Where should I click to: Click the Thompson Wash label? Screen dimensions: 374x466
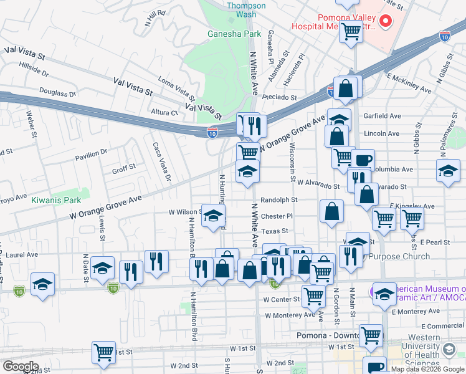coord(245,9)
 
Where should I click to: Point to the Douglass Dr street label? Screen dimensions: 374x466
coord(57,92)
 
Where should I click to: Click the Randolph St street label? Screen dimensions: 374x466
coord(279,200)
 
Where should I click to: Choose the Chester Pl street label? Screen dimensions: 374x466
coord(277,216)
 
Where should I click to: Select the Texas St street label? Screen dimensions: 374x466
coord(274,231)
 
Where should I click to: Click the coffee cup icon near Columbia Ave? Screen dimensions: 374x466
coord(362,160)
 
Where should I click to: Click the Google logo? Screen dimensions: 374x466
coord(21,366)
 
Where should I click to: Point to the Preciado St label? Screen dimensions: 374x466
coord(279,97)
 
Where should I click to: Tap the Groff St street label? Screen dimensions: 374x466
coord(123,168)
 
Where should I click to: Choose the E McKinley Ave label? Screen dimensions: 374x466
coord(409,83)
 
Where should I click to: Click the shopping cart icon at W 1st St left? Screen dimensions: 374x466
coord(103,352)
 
